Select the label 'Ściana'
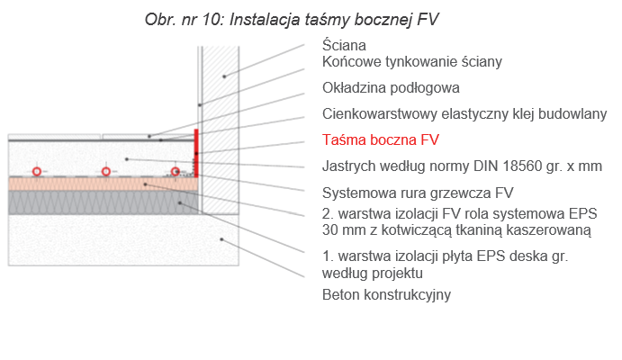pos(344,45)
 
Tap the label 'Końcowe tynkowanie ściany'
pos(411,62)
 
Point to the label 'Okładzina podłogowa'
pos(391,88)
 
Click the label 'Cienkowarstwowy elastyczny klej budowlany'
pos(464,114)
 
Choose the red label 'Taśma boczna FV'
pos(381,140)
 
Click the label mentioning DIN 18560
pos(462,166)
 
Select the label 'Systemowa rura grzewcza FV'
pos(418,193)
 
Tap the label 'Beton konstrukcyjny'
pos(386,295)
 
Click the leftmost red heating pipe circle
pos(37,172)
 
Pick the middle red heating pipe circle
pos(105,172)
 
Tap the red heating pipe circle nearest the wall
pos(175,172)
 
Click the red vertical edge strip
pos(196,153)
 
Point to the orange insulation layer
pos(104,184)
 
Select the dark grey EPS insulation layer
pos(104,202)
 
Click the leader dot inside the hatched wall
pos(224,76)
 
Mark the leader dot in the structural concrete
pos(221,239)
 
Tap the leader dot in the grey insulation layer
pos(180,203)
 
